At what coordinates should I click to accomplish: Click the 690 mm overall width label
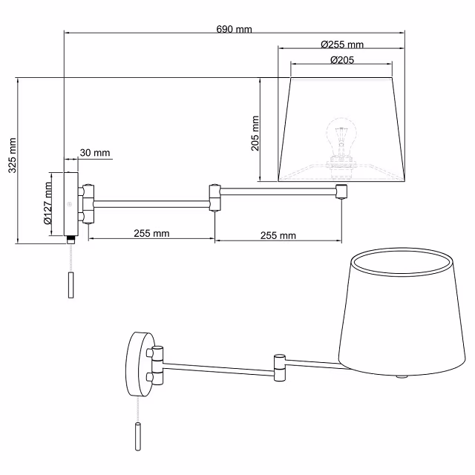(x=234, y=29)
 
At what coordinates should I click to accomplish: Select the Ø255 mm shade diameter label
(x=342, y=45)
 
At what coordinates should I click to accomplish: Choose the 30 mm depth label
(x=94, y=153)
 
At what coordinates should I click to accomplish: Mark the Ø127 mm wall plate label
(x=47, y=204)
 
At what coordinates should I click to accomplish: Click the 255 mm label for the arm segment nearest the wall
(x=151, y=233)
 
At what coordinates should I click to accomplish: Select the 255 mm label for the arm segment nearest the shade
(x=278, y=235)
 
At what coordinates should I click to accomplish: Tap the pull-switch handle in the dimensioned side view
(x=71, y=285)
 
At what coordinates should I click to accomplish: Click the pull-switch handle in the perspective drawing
(x=137, y=437)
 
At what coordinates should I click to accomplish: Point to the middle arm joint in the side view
(x=214, y=197)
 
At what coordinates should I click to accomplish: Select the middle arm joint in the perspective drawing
(x=280, y=367)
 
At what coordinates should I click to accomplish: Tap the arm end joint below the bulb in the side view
(x=341, y=191)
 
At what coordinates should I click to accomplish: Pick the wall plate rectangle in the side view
(x=71, y=203)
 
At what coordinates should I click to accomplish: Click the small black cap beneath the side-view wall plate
(x=71, y=240)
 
